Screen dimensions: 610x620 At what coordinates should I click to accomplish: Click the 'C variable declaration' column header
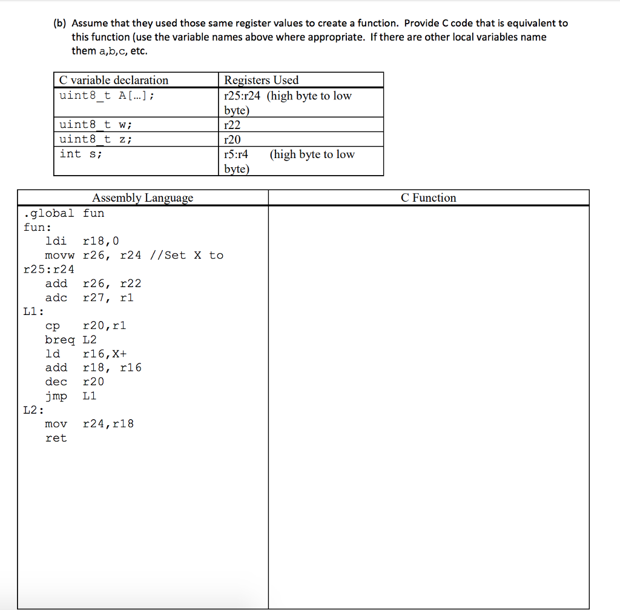tap(113, 80)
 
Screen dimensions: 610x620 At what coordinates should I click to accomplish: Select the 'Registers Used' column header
tap(261, 80)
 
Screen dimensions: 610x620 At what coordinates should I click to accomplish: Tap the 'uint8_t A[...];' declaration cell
tap(107, 95)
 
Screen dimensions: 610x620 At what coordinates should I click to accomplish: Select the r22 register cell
tap(231, 125)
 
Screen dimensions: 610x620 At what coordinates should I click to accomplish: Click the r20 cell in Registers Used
tap(232, 139)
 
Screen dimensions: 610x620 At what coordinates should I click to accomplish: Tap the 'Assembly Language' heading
tap(143, 197)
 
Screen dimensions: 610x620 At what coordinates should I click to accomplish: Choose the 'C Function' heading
tap(429, 197)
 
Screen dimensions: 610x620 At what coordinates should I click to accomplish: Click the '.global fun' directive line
tap(64, 213)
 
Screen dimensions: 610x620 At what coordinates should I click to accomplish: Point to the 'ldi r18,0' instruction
tap(82, 241)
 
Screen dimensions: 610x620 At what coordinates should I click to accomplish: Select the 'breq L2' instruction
tap(71, 339)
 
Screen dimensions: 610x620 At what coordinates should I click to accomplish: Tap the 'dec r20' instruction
tap(74, 381)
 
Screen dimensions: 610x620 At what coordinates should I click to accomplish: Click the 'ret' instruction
tap(56, 437)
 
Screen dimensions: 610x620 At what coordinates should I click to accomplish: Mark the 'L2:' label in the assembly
tap(33, 409)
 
